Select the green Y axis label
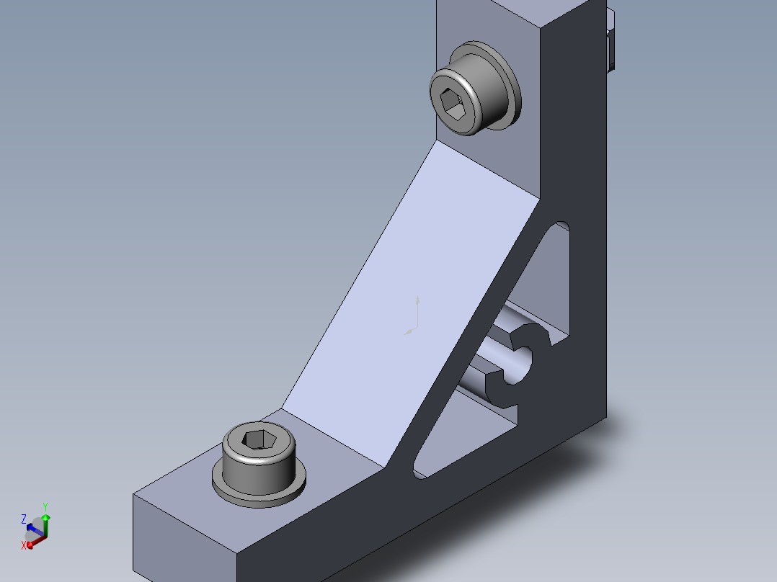pos(45,507)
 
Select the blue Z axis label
pos(23,519)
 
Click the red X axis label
pos(23,545)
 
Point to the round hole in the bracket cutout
pos(518,365)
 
